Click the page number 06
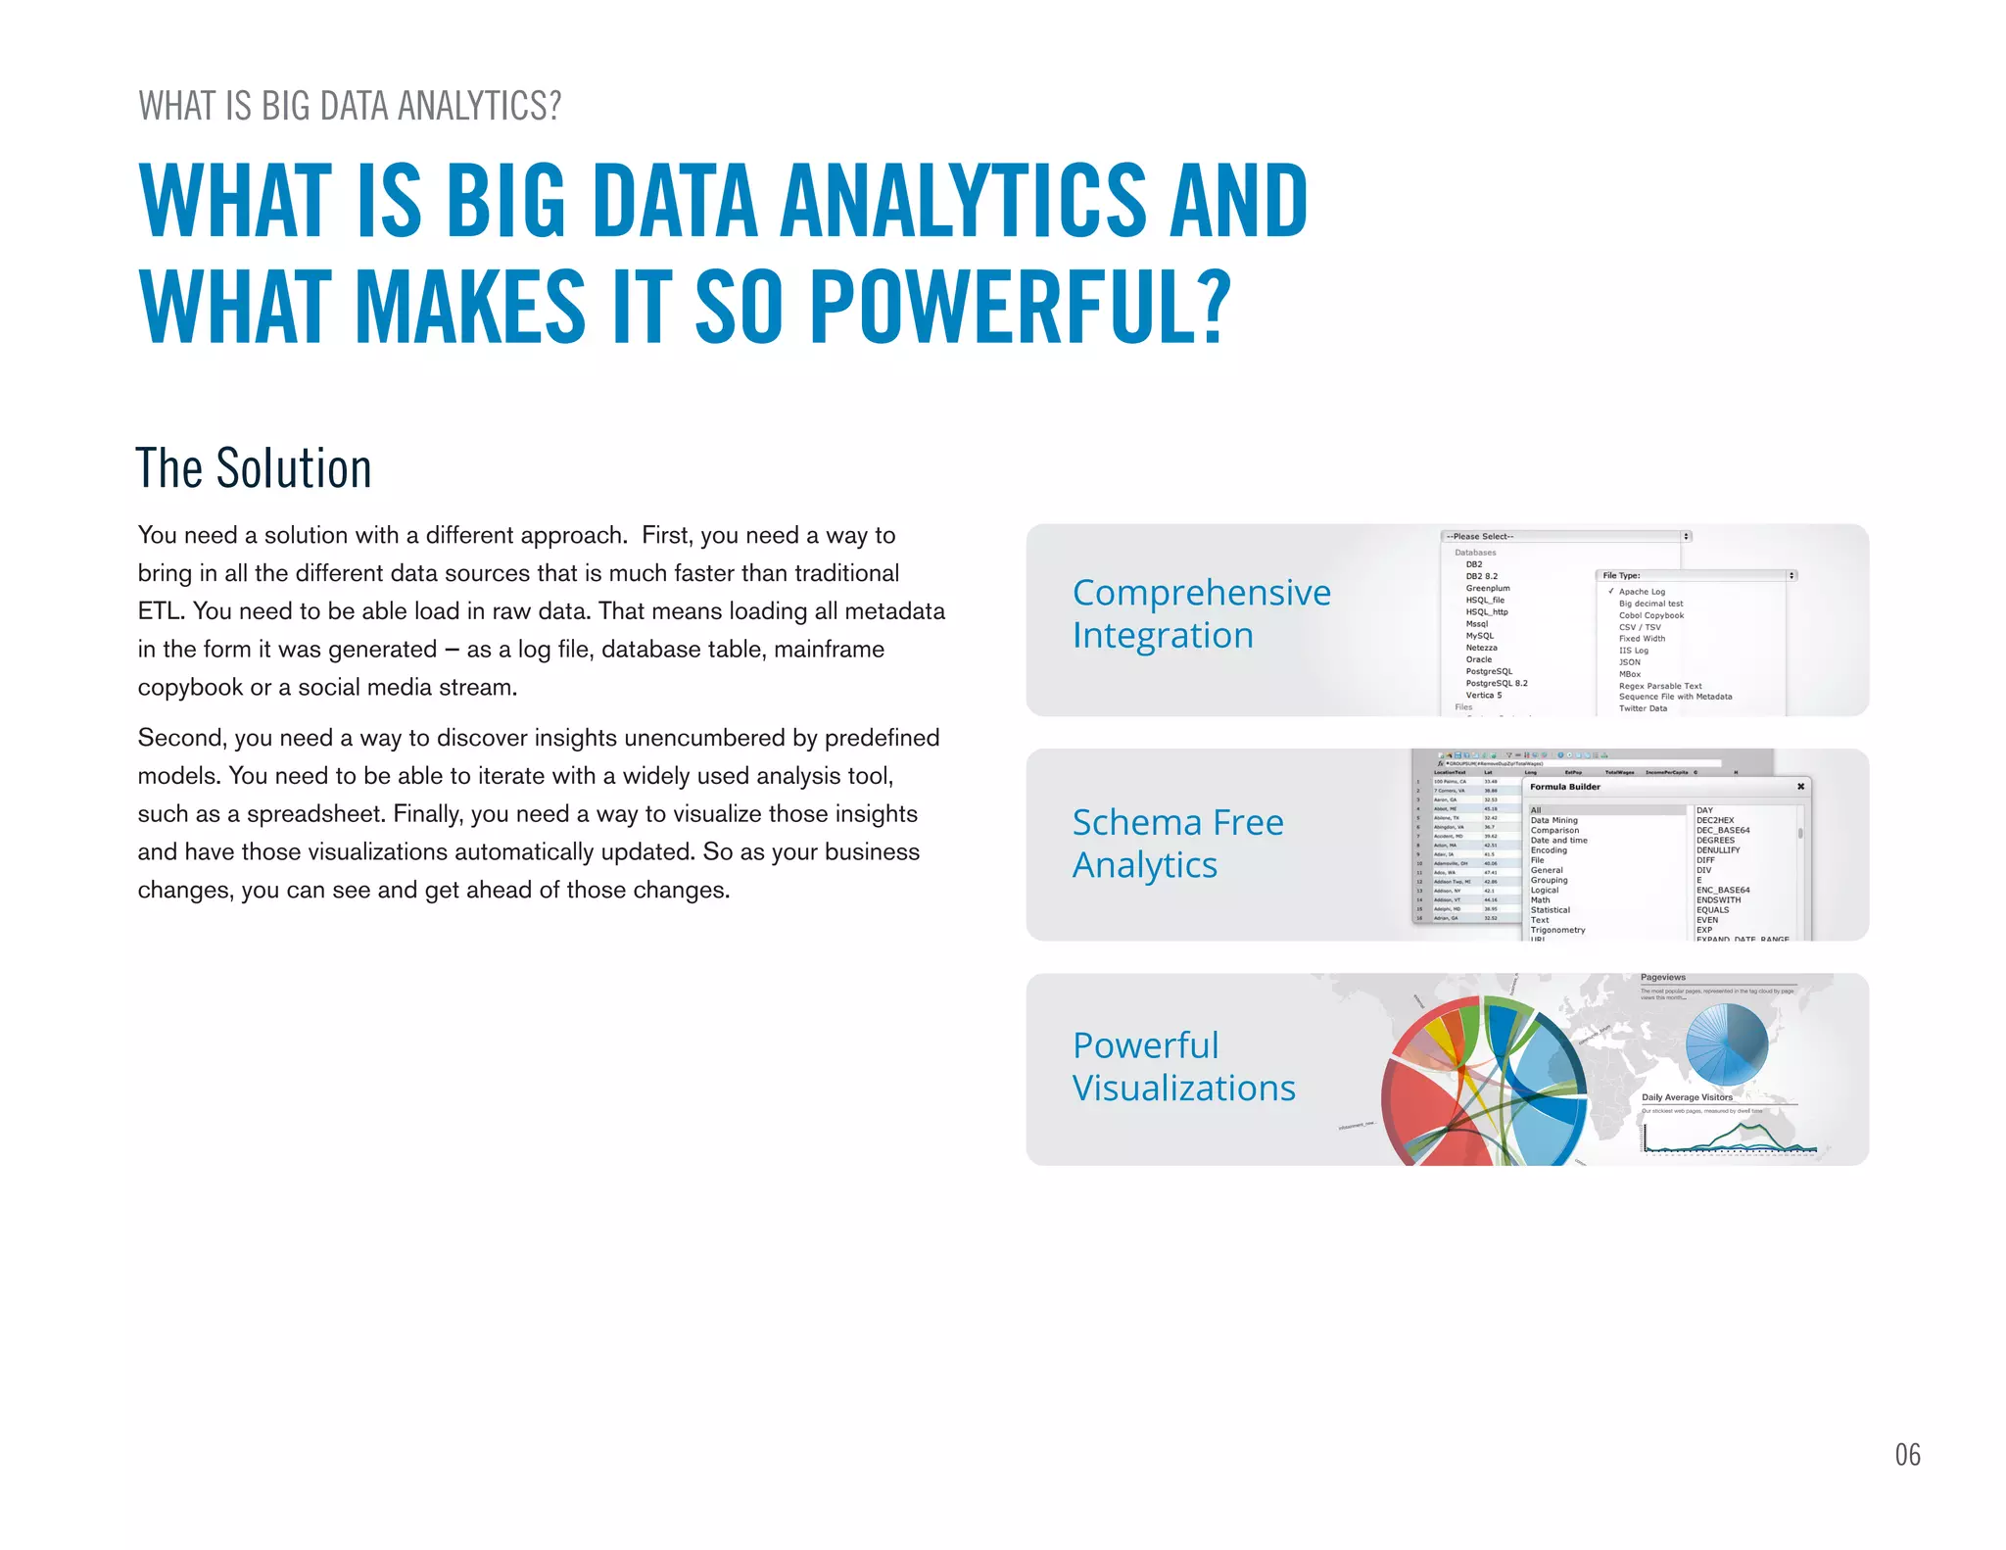1907,1454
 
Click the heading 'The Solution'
254,468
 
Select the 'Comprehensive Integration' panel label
1201,613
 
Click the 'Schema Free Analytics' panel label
1177,844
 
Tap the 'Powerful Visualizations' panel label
1183,1067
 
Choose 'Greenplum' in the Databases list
1487,588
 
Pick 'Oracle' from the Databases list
1478,659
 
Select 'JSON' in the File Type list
1629,662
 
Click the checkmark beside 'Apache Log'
1610,591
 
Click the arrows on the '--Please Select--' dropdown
1686,536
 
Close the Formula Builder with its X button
1800,786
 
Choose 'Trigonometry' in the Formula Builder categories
1557,930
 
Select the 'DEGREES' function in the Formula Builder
1715,840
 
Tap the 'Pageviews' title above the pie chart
1662,977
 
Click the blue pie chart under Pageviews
1726,1042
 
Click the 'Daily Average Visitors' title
1687,1097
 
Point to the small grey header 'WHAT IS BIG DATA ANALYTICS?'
350,106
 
